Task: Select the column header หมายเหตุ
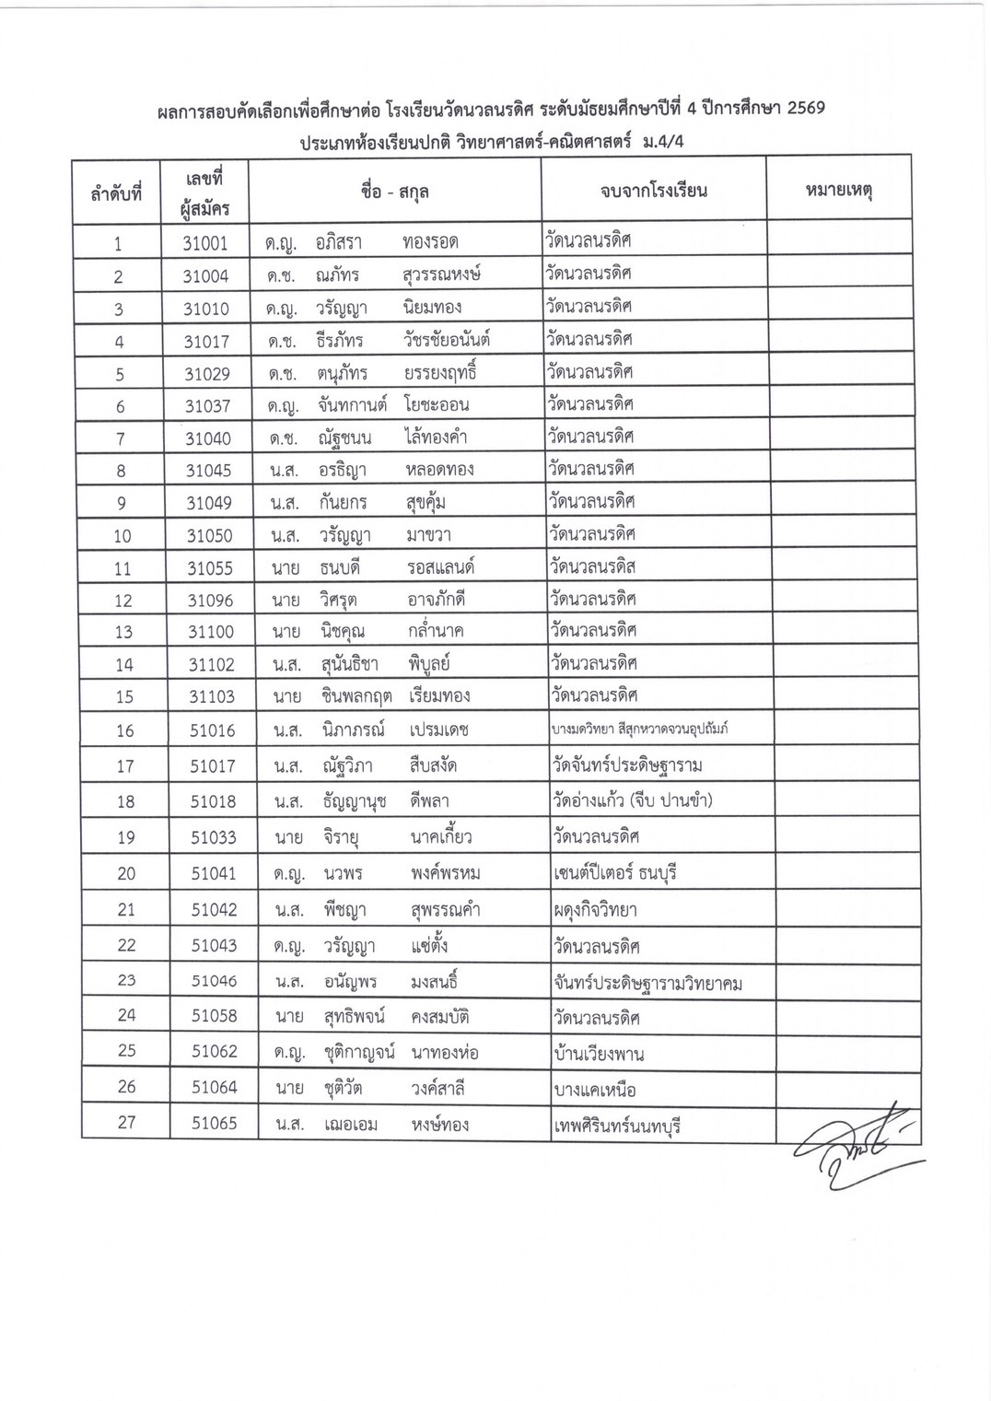[838, 191]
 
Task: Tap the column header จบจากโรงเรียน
[653, 192]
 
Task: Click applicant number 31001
[205, 243]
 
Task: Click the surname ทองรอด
[430, 242]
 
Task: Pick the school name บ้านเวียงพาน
[599, 1053]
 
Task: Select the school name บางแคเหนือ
[595, 1090]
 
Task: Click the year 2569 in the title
[800, 109]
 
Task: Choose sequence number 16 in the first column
[124, 730]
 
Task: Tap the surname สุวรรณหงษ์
[441, 274]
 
